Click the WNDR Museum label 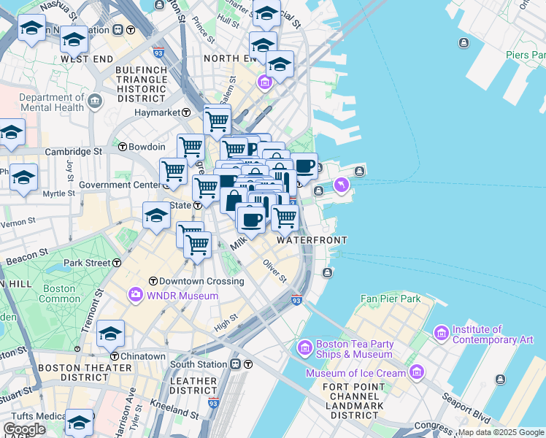[182, 296]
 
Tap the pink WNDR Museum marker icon [135, 296]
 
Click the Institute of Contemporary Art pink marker [441, 334]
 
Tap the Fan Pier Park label [391, 299]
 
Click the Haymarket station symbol [186, 112]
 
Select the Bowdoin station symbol [123, 146]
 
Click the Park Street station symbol [117, 262]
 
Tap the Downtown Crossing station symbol [153, 281]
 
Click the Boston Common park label [60, 293]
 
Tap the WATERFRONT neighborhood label [312, 239]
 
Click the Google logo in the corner [24, 429]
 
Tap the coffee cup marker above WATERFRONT [251, 218]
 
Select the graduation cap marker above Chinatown [110, 334]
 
